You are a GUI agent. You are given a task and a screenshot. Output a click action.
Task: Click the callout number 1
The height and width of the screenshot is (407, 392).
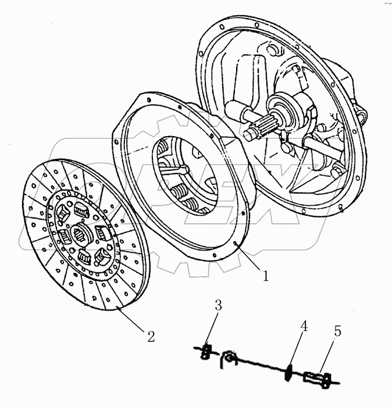tap(265, 276)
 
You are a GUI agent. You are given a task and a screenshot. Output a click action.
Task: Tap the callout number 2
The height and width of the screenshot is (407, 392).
tap(150, 335)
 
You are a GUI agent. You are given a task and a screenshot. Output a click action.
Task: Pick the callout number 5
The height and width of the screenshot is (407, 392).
tap(337, 331)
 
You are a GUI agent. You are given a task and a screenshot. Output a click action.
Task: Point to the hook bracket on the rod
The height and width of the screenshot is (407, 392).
tap(229, 359)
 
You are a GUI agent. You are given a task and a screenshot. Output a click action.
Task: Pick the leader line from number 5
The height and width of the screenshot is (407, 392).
tap(327, 355)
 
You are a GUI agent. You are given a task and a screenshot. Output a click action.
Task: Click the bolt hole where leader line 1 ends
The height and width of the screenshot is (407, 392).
tap(234, 244)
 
